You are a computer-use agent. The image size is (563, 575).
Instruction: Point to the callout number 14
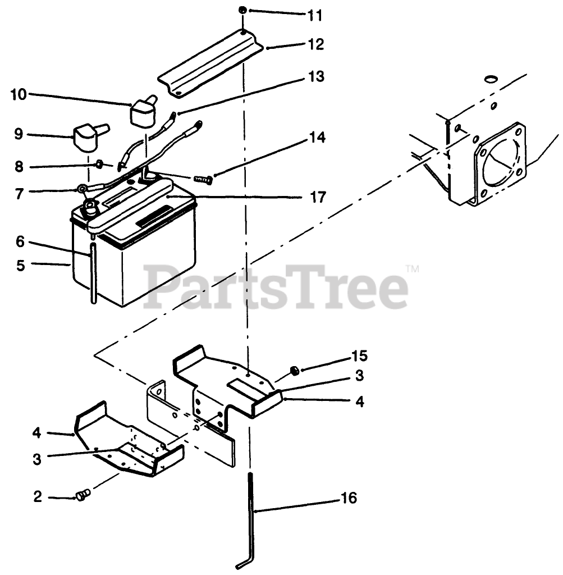tap(316, 138)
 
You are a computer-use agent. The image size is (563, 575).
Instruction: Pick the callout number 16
tap(349, 498)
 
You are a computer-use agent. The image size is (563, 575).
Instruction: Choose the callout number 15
tap(359, 355)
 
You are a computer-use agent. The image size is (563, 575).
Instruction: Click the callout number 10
tap(18, 94)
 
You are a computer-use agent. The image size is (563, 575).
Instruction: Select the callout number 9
tap(19, 134)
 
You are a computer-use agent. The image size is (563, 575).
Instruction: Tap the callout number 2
tap(38, 497)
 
